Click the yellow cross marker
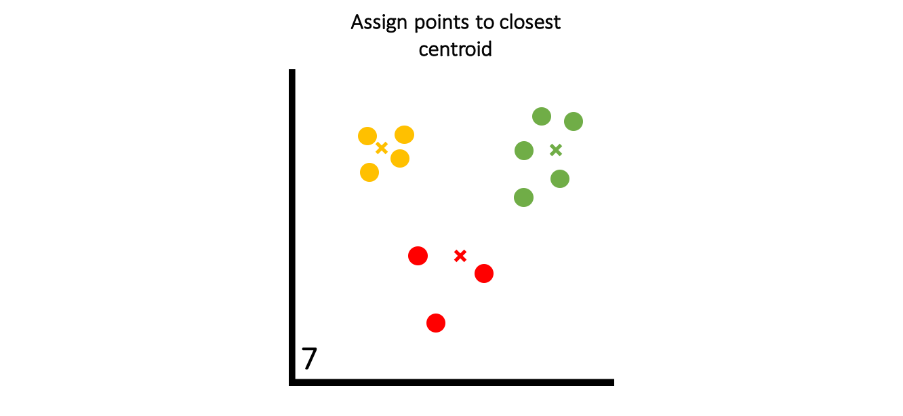pos(382,148)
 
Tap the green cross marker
pos(556,150)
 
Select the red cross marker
pos(460,256)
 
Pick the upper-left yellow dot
pos(367,136)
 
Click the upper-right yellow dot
pos(404,134)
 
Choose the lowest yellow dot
pos(369,172)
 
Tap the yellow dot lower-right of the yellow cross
pos(400,158)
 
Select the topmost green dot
pos(542,116)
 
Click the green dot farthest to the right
pos(574,121)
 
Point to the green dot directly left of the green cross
pos(524,151)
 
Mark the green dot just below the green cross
pos(560,178)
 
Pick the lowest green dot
pos(523,197)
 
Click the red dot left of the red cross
pos(418,256)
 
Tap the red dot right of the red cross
pos(484,273)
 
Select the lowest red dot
pos(436,323)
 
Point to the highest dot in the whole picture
pos(542,116)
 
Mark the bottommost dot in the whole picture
pos(436,323)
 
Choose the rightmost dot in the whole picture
pos(574,121)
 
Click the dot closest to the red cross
pos(484,273)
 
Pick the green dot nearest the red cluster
pos(523,197)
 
